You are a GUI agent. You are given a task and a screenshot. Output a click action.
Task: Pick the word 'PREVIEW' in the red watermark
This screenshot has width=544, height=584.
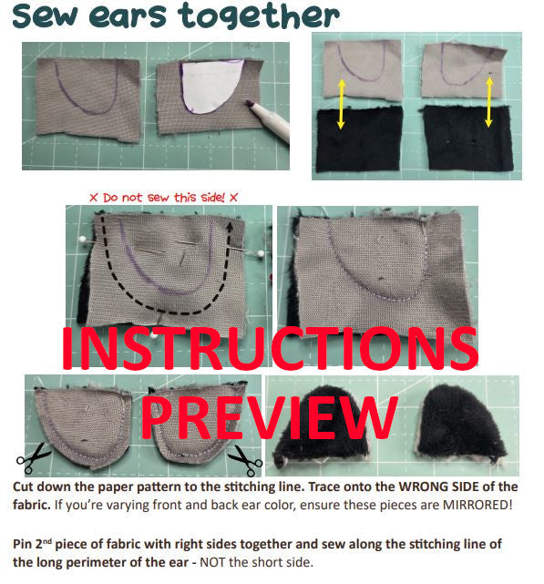coord(270,420)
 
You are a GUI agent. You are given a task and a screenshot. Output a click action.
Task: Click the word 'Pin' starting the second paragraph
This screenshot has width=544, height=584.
coord(25,543)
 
